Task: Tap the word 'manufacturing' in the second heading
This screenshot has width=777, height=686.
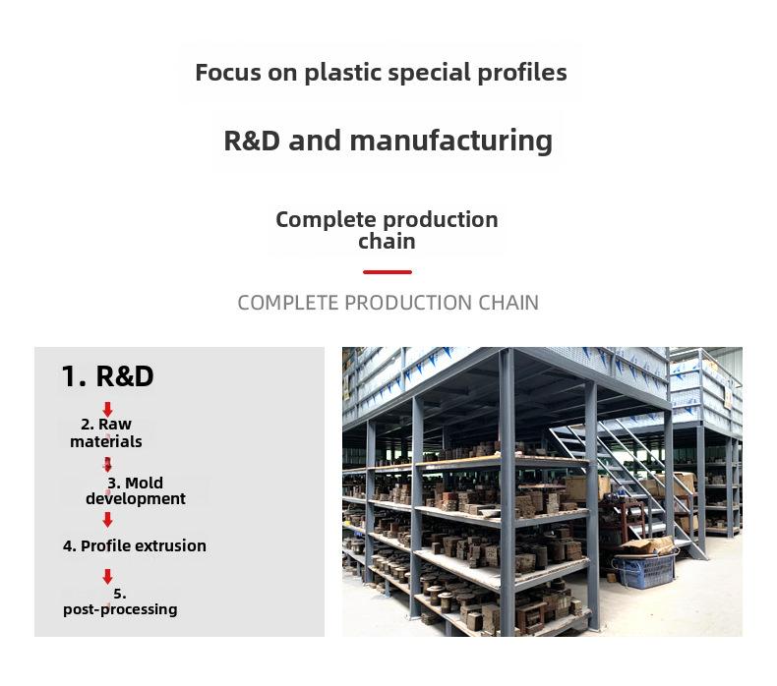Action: pyautogui.click(x=450, y=141)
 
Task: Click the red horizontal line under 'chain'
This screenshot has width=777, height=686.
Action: pyautogui.click(x=387, y=272)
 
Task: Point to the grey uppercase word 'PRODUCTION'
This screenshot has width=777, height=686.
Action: pyautogui.click(x=407, y=303)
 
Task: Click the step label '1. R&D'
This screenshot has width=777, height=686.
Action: pyautogui.click(x=107, y=376)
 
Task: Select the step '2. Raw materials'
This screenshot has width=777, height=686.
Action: pyautogui.click(x=106, y=432)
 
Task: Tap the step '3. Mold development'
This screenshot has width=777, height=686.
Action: pyautogui.click(x=136, y=490)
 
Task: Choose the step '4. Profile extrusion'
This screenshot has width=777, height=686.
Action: pyautogui.click(x=135, y=545)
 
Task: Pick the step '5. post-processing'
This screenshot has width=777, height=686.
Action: pyautogui.click(x=120, y=602)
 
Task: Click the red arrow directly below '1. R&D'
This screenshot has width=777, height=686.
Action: pyautogui.click(x=107, y=410)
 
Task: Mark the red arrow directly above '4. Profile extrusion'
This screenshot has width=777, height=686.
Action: pyautogui.click(x=107, y=520)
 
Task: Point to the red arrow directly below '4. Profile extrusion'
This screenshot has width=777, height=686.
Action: pyautogui.click(x=107, y=577)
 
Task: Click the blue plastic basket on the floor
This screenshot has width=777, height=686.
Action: pyautogui.click(x=644, y=570)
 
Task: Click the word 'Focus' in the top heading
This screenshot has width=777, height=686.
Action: pyautogui.click(x=228, y=73)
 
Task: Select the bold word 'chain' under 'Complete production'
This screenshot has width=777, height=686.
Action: pyautogui.click(x=387, y=242)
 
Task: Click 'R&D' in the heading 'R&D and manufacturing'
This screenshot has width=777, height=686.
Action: pyautogui.click(x=252, y=141)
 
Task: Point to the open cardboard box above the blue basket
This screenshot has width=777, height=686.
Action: pyautogui.click(x=649, y=545)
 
